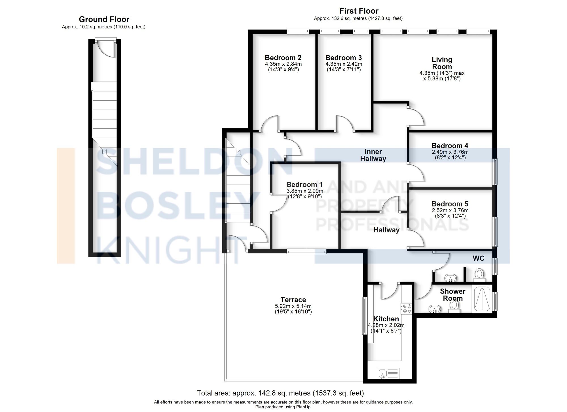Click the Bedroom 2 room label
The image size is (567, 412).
pos(283,58)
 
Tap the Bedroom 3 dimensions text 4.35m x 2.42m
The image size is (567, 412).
pos(344,64)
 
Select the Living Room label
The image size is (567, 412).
pos(442,63)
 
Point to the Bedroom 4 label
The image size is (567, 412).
pos(450,146)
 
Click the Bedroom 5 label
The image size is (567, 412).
pos(450,204)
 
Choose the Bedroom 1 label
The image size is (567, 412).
pos(304,185)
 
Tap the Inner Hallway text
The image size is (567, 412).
pos(373,155)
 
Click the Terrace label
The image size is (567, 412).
pos(293,300)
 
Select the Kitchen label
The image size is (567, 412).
pos(386,319)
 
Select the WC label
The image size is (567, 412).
pos(479,258)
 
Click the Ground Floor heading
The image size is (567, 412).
pos(104,19)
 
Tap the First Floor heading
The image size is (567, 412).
pos(359,11)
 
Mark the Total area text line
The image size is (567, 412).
pos(280,393)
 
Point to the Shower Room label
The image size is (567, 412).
pos(452,294)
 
